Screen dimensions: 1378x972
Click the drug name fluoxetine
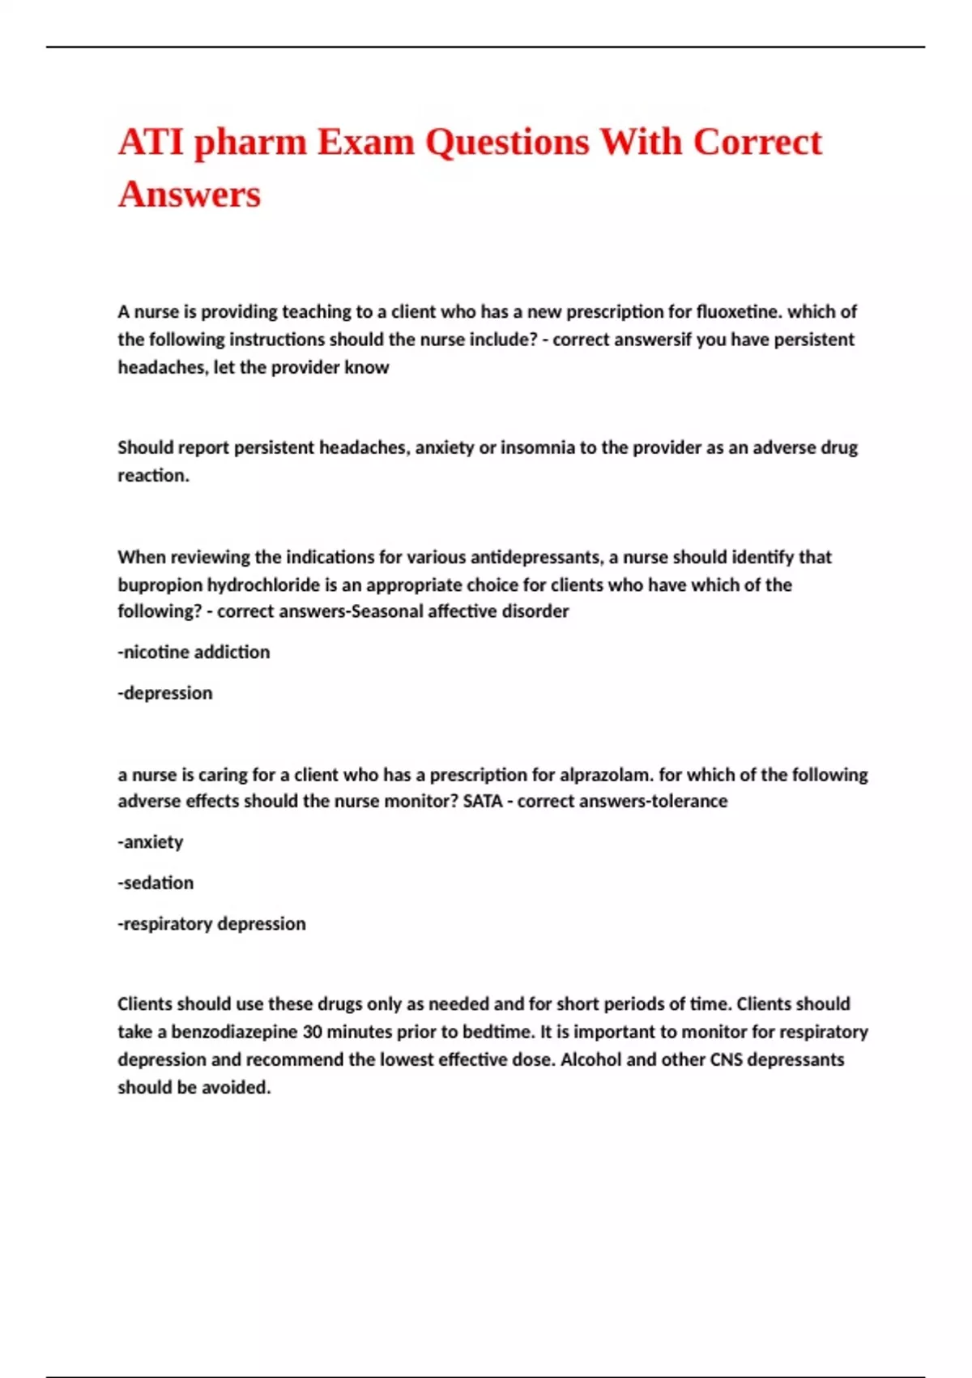tap(739, 312)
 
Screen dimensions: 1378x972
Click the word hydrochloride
tap(262, 585)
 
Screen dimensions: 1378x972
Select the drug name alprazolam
tap(605, 775)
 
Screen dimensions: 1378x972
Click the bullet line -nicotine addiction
tap(194, 653)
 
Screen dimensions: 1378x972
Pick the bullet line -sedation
tap(156, 883)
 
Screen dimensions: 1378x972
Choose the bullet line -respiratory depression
tap(211, 924)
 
